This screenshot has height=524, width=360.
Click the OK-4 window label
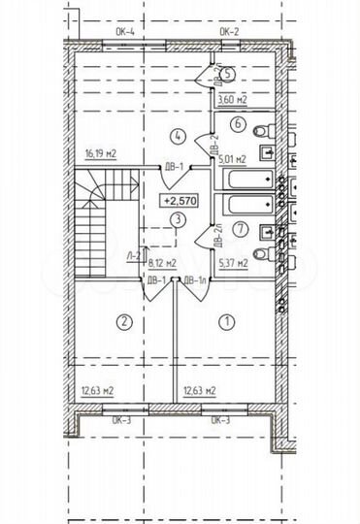(124, 32)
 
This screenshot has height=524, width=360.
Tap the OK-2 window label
(229, 32)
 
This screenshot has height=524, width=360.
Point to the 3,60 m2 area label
(233, 98)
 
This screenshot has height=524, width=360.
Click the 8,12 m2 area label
(161, 262)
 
